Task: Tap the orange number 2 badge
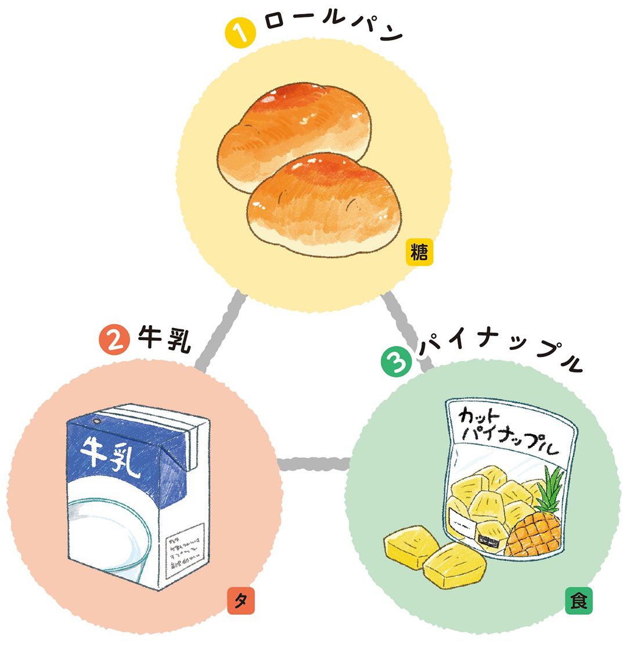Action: click(x=114, y=340)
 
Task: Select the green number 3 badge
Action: click(x=395, y=362)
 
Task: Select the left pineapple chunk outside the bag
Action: click(x=410, y=546)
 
